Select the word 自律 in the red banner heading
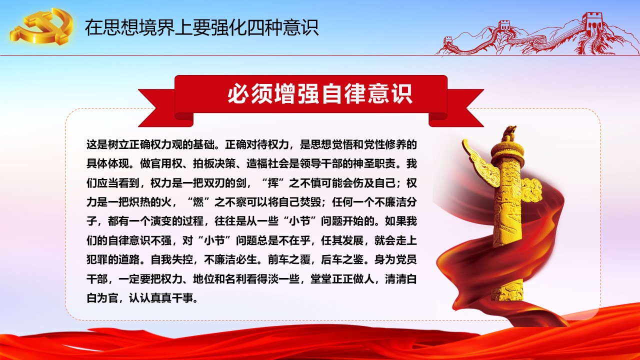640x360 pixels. (344, 93)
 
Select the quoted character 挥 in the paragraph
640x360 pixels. (272, 183)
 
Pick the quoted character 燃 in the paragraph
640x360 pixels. (198, 202)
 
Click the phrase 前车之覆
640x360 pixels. (289, 259)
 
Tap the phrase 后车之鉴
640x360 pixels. (342, 259)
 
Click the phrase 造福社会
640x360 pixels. (267, 164)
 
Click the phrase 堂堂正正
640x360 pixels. (331, 279)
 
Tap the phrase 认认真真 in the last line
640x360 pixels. (150, 298)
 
